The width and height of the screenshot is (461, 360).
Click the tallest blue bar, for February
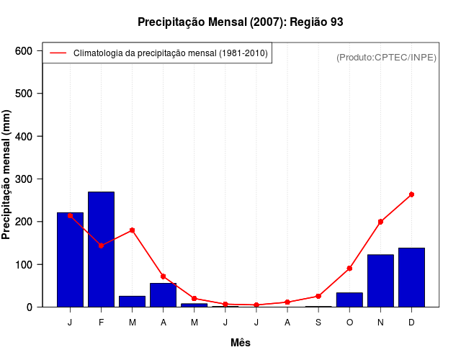pos(101,249)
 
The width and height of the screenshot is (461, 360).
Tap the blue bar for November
pos(380,281)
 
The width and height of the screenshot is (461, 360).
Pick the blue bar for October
pos(349,300)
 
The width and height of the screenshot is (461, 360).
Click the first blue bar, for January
pos(70,259)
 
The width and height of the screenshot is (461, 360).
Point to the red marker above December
pos(411,194)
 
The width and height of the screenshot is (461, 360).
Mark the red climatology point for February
pos(101,246)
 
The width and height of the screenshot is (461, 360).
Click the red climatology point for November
pos(380,222)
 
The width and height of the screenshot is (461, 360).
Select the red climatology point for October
pos(349,268)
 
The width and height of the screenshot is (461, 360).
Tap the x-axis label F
pos(101,323)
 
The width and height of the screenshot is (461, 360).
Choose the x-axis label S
pos(318,323)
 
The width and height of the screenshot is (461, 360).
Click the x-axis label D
pos(411,323)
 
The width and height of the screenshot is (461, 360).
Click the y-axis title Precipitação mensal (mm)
pos(7,179)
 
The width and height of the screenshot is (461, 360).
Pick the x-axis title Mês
pos(241,343)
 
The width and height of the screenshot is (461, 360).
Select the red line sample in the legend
pos(58,53)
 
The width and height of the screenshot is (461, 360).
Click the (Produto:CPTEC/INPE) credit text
pos(386,57)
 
